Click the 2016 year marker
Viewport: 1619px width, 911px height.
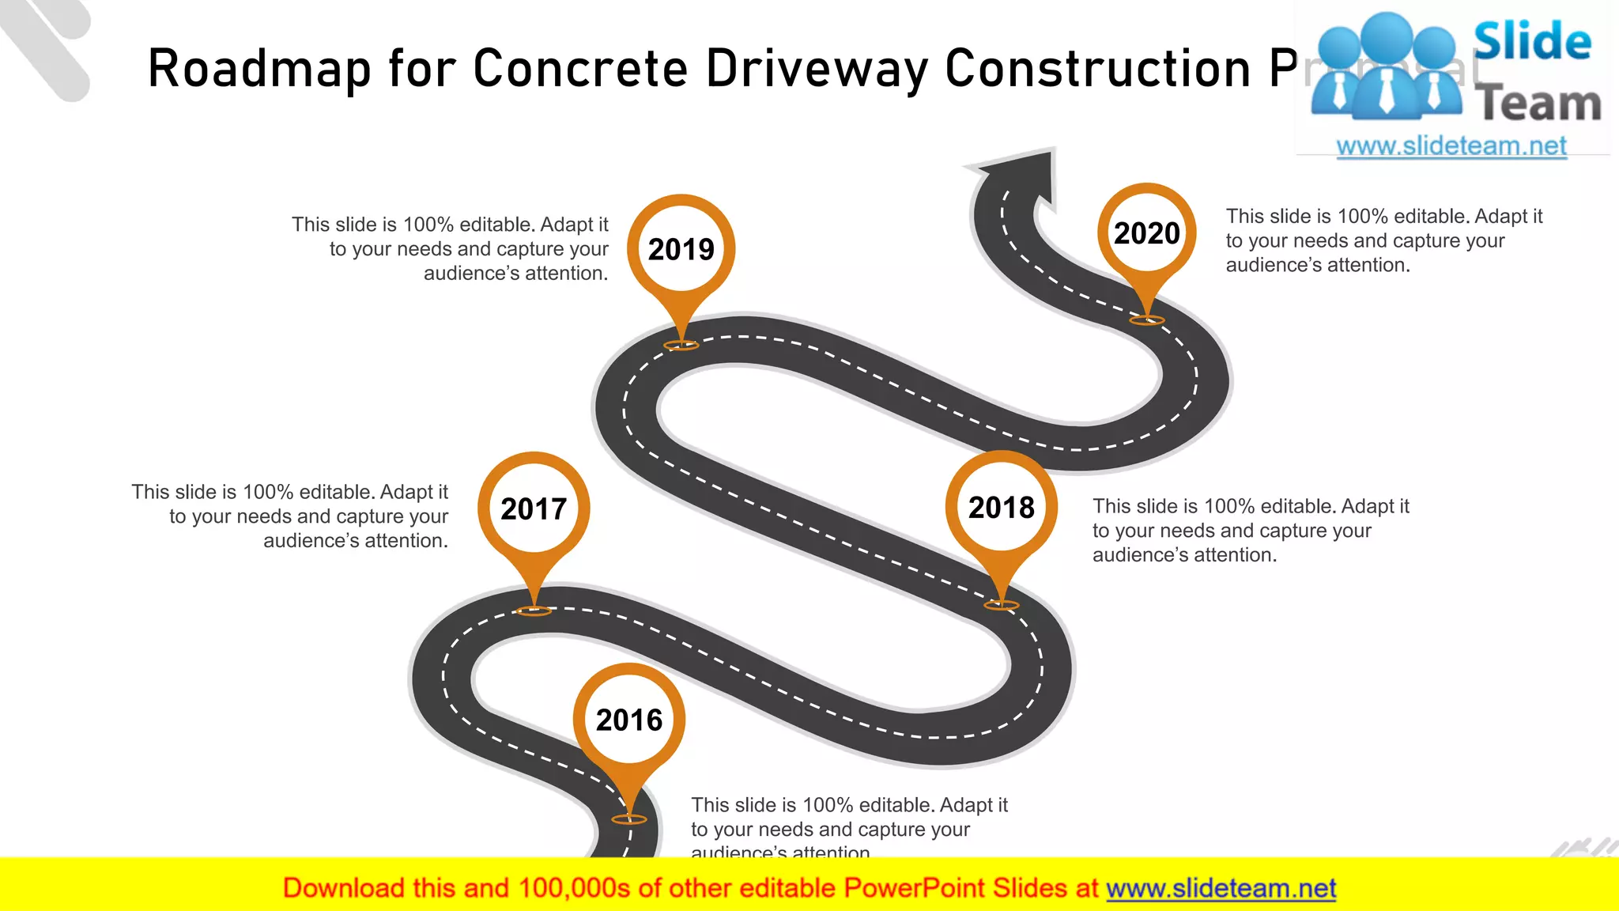click(x=629, y=720)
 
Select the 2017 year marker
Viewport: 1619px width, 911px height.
click(x=534, y=508)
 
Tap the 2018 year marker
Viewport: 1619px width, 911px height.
click(x=1001, y=507)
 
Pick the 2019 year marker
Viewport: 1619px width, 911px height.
click(x=681, y=249)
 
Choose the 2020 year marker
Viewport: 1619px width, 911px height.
click(x=1146, y=233)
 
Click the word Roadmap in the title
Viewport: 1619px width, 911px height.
click(x=259, y=70)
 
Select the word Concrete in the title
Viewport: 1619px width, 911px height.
click(x=581, y=70)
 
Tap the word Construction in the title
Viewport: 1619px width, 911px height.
click(x=1098, y=70)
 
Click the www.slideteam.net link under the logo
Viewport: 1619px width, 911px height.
click(x=1451, y=146)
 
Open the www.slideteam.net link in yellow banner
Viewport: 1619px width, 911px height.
click(x=1221, y=888)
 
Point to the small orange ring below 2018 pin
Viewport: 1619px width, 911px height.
click(x=1002, y=605)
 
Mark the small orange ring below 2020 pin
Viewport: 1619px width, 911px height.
click(x=1147, y=320)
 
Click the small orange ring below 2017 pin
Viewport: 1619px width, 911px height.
click(x=534, y=610)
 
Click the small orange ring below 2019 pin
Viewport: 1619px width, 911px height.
click(x=681, y=345)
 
